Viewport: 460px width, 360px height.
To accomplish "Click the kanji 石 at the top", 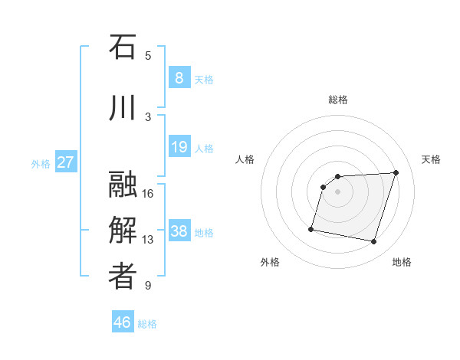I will (123, 47).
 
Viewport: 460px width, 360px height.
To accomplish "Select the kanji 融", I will (123, 185).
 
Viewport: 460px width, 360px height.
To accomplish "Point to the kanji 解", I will (123, 231).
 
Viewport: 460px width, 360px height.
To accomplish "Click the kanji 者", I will (123, 277).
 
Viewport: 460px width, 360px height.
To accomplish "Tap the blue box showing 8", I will (179, 77).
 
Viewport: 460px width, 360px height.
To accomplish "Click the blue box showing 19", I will (179, 146).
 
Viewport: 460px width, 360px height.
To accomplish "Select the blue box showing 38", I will (179, 231).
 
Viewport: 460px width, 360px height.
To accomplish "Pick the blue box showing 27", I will (65, 162).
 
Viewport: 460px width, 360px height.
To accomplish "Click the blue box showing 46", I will (123, 322).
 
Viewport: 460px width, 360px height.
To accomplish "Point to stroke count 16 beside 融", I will (148, 193).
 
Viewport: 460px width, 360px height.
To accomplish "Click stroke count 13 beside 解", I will (148, 240).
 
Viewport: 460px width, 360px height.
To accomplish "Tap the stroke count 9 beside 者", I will (148, 286).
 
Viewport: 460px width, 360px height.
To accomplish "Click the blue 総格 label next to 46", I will (147, 324).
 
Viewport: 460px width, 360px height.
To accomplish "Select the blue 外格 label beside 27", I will (40, 163).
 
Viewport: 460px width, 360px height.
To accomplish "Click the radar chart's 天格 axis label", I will (431, 159).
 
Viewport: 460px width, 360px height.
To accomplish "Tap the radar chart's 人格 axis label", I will (245, 159).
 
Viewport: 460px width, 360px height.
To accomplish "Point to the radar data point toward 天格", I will (396, 172).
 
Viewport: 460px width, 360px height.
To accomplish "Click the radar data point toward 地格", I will (373, 242).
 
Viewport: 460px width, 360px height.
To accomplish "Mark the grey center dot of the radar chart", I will (337, 191).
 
